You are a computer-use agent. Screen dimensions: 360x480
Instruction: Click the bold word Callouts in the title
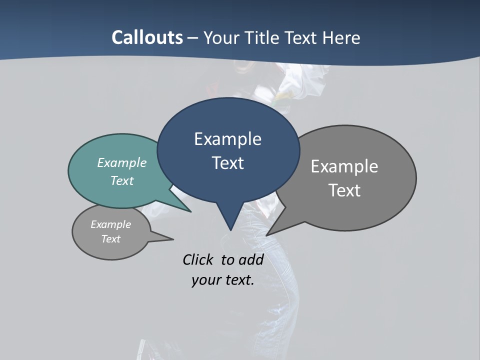pyautogui.click(x=147, y=37)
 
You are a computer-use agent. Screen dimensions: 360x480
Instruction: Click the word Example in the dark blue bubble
pyautogui.click(x=227, y=139)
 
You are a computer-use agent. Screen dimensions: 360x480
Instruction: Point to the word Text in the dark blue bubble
pyautogui.click(x=228, y=163)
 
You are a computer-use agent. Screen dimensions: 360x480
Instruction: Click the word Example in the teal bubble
pyautogui.click(x=122, y=162)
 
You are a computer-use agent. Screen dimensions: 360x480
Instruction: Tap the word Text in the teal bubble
pyautogui.click(x=122, y=180)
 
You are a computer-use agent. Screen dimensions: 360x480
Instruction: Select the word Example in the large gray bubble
pyautogui.click(x=344, y=166)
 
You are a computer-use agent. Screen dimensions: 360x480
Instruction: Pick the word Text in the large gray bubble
pyautogui.click(x=344, y=190)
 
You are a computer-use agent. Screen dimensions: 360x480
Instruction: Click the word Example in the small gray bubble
pyautogui.click(x=110, y=224)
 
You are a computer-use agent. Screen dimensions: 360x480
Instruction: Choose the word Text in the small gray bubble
pyautogui.click(x=110, y=239)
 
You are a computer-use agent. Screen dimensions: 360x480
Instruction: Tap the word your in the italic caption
pyautogui.click(x=205, y=280)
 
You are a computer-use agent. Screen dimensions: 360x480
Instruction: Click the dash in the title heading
pyautogui.click(x=193, y=37)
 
